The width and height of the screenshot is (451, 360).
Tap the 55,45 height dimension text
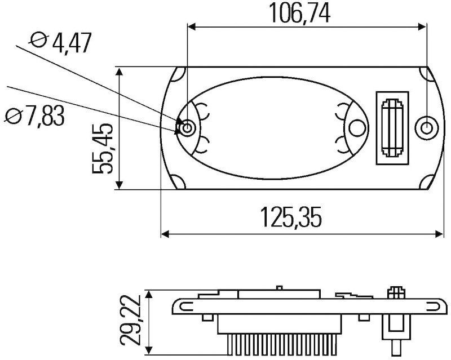coord(102,149)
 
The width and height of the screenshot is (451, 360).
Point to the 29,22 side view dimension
coord(130,320)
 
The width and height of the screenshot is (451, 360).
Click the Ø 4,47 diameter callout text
coord(61,43)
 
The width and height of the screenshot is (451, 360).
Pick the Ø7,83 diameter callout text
coord(34,115)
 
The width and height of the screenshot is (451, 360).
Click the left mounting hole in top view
coord(187,128)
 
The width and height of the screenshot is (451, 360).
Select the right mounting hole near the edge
coord(427,128)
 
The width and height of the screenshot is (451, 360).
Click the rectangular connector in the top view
coord(392,128)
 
